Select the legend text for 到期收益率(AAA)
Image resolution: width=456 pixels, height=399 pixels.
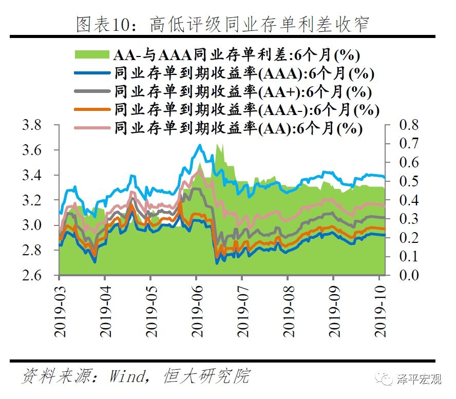point(244,73)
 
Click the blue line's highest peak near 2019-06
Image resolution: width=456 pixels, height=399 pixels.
point(200,145)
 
